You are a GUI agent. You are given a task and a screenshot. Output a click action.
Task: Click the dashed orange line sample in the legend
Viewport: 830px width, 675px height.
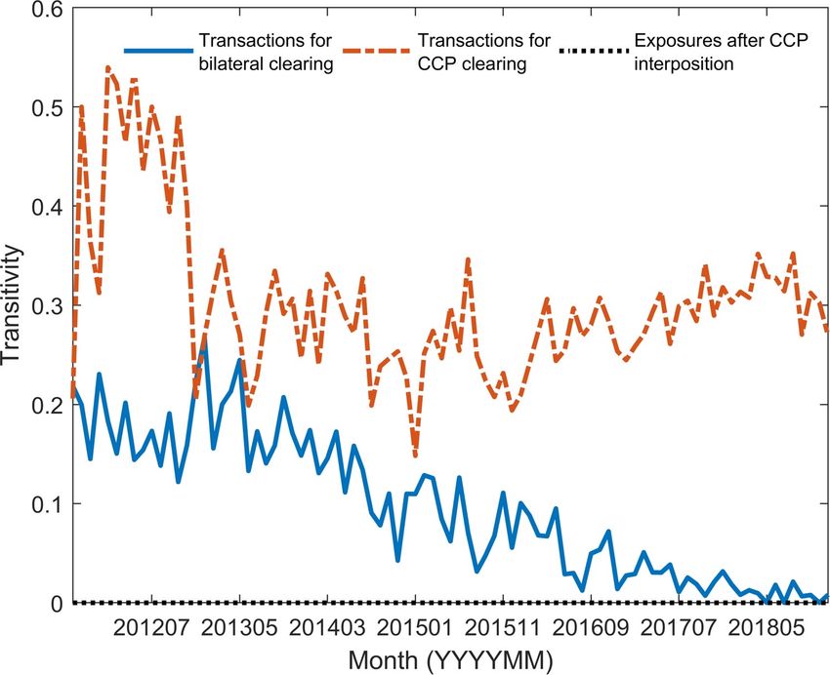(376, 50)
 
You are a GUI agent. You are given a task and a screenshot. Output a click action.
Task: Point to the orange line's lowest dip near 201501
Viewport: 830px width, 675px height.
(415, 456)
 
